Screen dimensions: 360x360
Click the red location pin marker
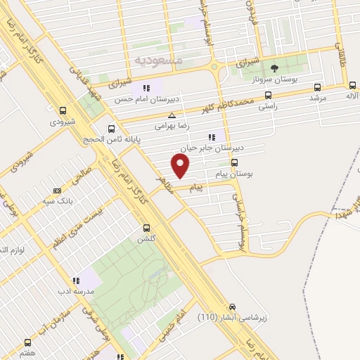[181, 166]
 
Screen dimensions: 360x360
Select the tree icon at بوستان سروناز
[274, 68]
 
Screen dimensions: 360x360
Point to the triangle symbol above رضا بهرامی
[172, 115]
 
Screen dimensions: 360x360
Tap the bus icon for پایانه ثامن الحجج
[112, 129]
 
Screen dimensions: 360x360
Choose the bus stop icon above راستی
[268, 95]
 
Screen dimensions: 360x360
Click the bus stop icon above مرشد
[318, 88]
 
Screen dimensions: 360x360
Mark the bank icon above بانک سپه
[58, 190]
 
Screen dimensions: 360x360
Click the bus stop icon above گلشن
[147, 228]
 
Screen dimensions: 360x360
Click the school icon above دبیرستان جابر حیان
[210, 137]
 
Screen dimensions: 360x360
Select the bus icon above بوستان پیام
[234, 161]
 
